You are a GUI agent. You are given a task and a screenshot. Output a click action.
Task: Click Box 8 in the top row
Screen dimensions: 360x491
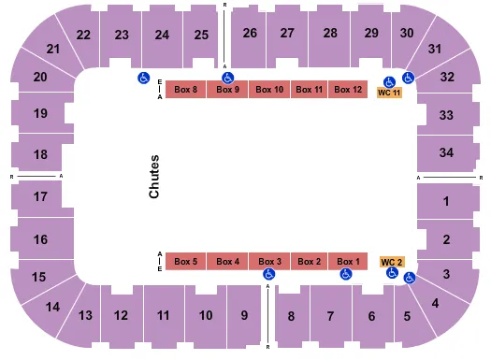point(186,90)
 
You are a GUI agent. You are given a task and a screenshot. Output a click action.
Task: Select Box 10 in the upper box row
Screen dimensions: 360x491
point(269,90)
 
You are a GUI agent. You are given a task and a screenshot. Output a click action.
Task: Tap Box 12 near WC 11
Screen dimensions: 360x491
point(348,90)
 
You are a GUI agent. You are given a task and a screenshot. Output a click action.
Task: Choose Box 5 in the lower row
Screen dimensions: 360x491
point(186,261)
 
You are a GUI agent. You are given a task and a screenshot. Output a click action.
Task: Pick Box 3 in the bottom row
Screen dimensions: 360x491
point(269,261)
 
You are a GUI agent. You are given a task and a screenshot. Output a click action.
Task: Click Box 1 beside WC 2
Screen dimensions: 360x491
point(348,261)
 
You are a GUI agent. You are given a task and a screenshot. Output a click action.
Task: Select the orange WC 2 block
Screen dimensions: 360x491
point(391,261)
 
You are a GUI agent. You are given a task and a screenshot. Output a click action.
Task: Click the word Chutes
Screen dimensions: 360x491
point(154,176)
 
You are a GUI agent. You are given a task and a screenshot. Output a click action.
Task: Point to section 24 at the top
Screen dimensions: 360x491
point(163,36)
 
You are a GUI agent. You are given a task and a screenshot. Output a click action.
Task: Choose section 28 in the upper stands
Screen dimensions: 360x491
point(329,33)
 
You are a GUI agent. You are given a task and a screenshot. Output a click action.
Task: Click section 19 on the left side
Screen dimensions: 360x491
point(40,115)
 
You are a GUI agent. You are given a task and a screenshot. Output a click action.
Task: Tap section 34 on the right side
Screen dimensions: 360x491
point(446,152)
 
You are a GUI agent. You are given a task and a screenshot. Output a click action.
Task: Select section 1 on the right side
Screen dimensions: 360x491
point(446,201)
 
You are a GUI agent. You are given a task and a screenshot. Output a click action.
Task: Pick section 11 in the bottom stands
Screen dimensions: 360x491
point(163,315)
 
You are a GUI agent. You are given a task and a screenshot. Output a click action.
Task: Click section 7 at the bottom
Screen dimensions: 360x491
point(329,316)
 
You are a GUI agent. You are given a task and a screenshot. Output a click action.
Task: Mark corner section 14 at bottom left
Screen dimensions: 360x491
point(52,307)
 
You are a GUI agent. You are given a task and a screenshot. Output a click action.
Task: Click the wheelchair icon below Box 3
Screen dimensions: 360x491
point(269,274)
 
